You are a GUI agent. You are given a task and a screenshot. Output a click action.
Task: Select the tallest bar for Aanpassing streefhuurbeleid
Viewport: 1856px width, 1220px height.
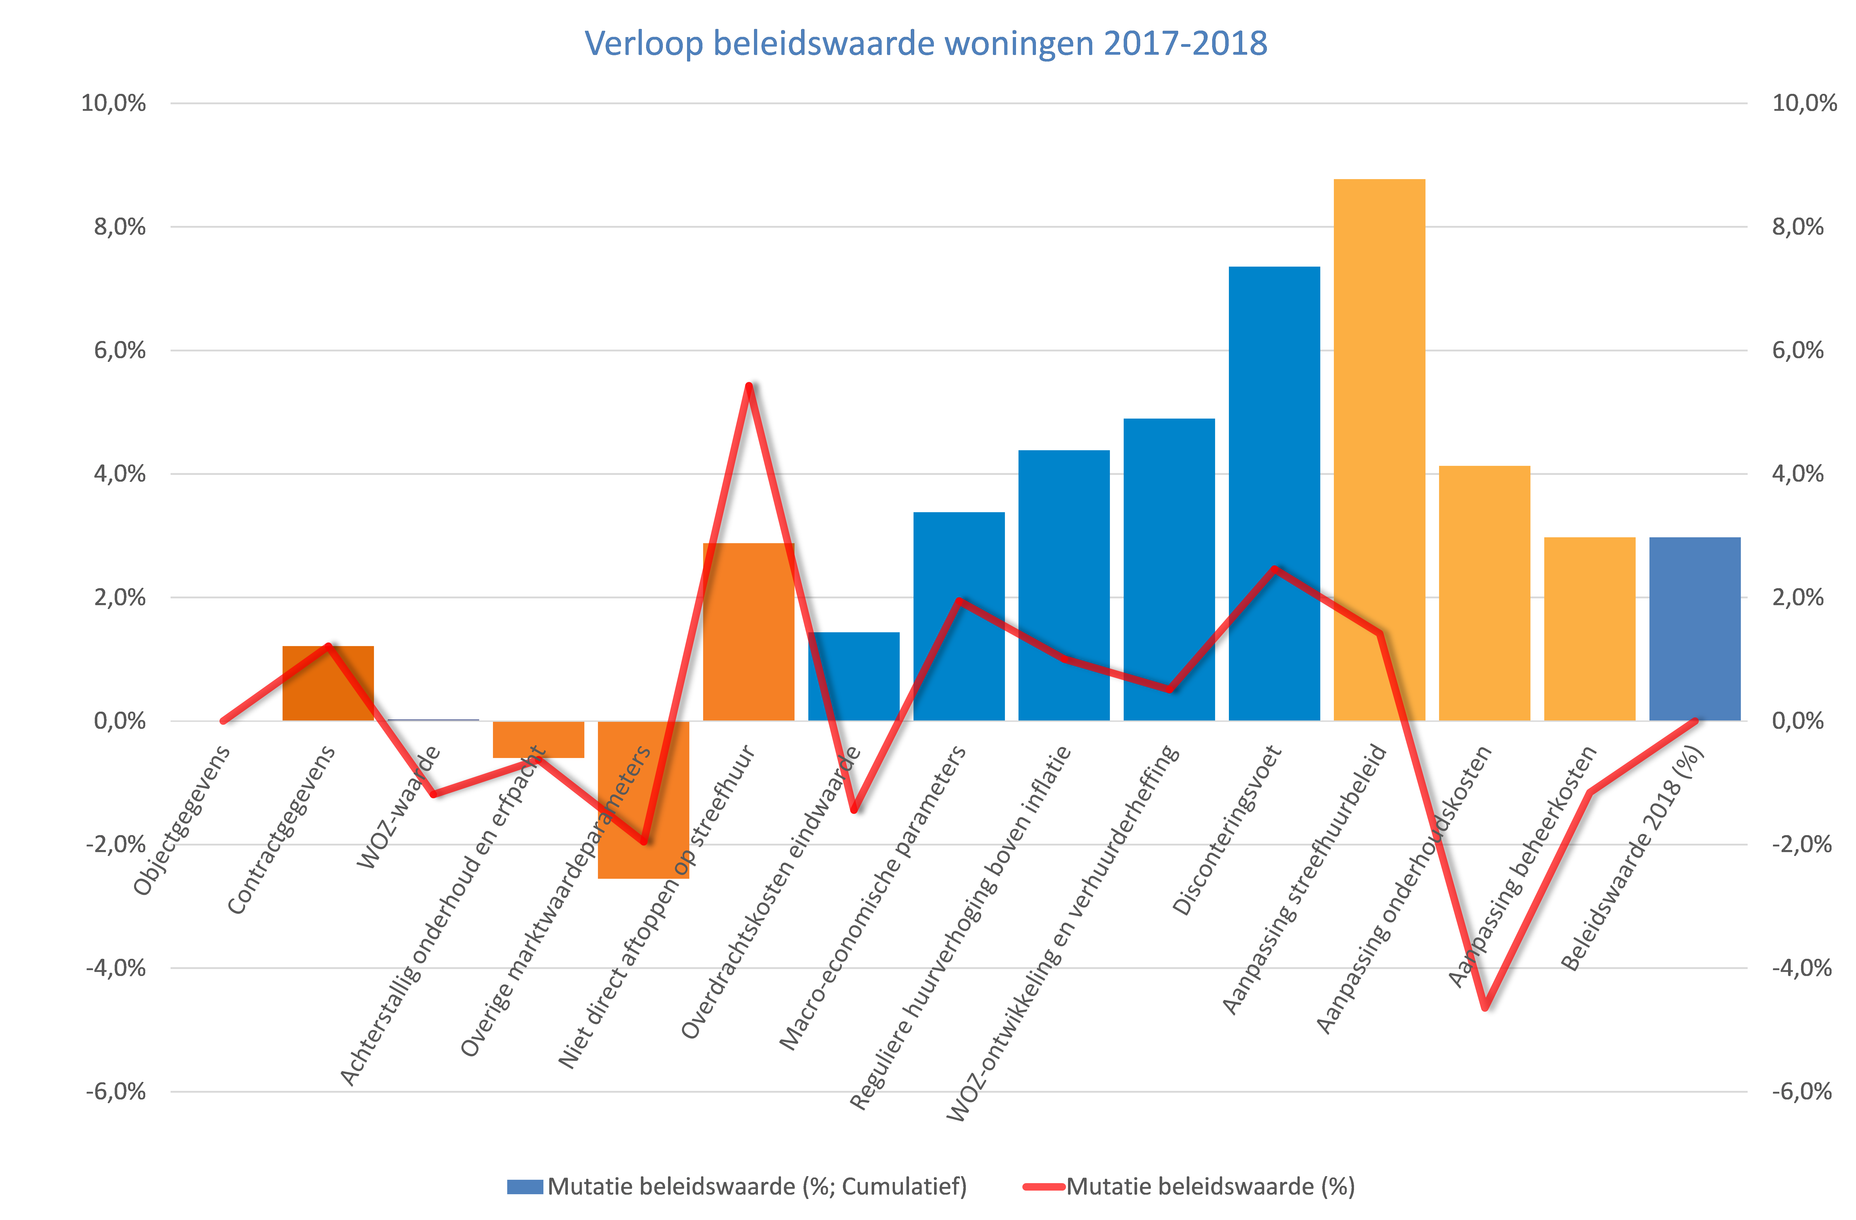pos(1379,390)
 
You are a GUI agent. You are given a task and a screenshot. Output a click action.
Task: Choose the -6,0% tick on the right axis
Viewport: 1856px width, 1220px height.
pos(1801,1091)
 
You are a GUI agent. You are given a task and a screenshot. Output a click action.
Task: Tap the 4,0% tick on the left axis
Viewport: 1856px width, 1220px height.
pos(119,474)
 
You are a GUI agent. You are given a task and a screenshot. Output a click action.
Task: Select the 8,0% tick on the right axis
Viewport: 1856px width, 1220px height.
pos(1797,227)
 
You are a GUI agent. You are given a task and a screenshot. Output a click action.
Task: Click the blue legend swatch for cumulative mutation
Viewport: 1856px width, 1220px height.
pos(525,1187)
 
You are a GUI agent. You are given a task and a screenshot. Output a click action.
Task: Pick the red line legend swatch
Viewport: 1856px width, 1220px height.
pos(1043,1187)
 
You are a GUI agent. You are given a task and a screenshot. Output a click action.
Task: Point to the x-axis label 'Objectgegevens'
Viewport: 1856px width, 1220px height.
pos(182,820)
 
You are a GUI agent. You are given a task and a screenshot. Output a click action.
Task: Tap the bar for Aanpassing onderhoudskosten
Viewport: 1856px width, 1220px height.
pos(1484,592)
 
